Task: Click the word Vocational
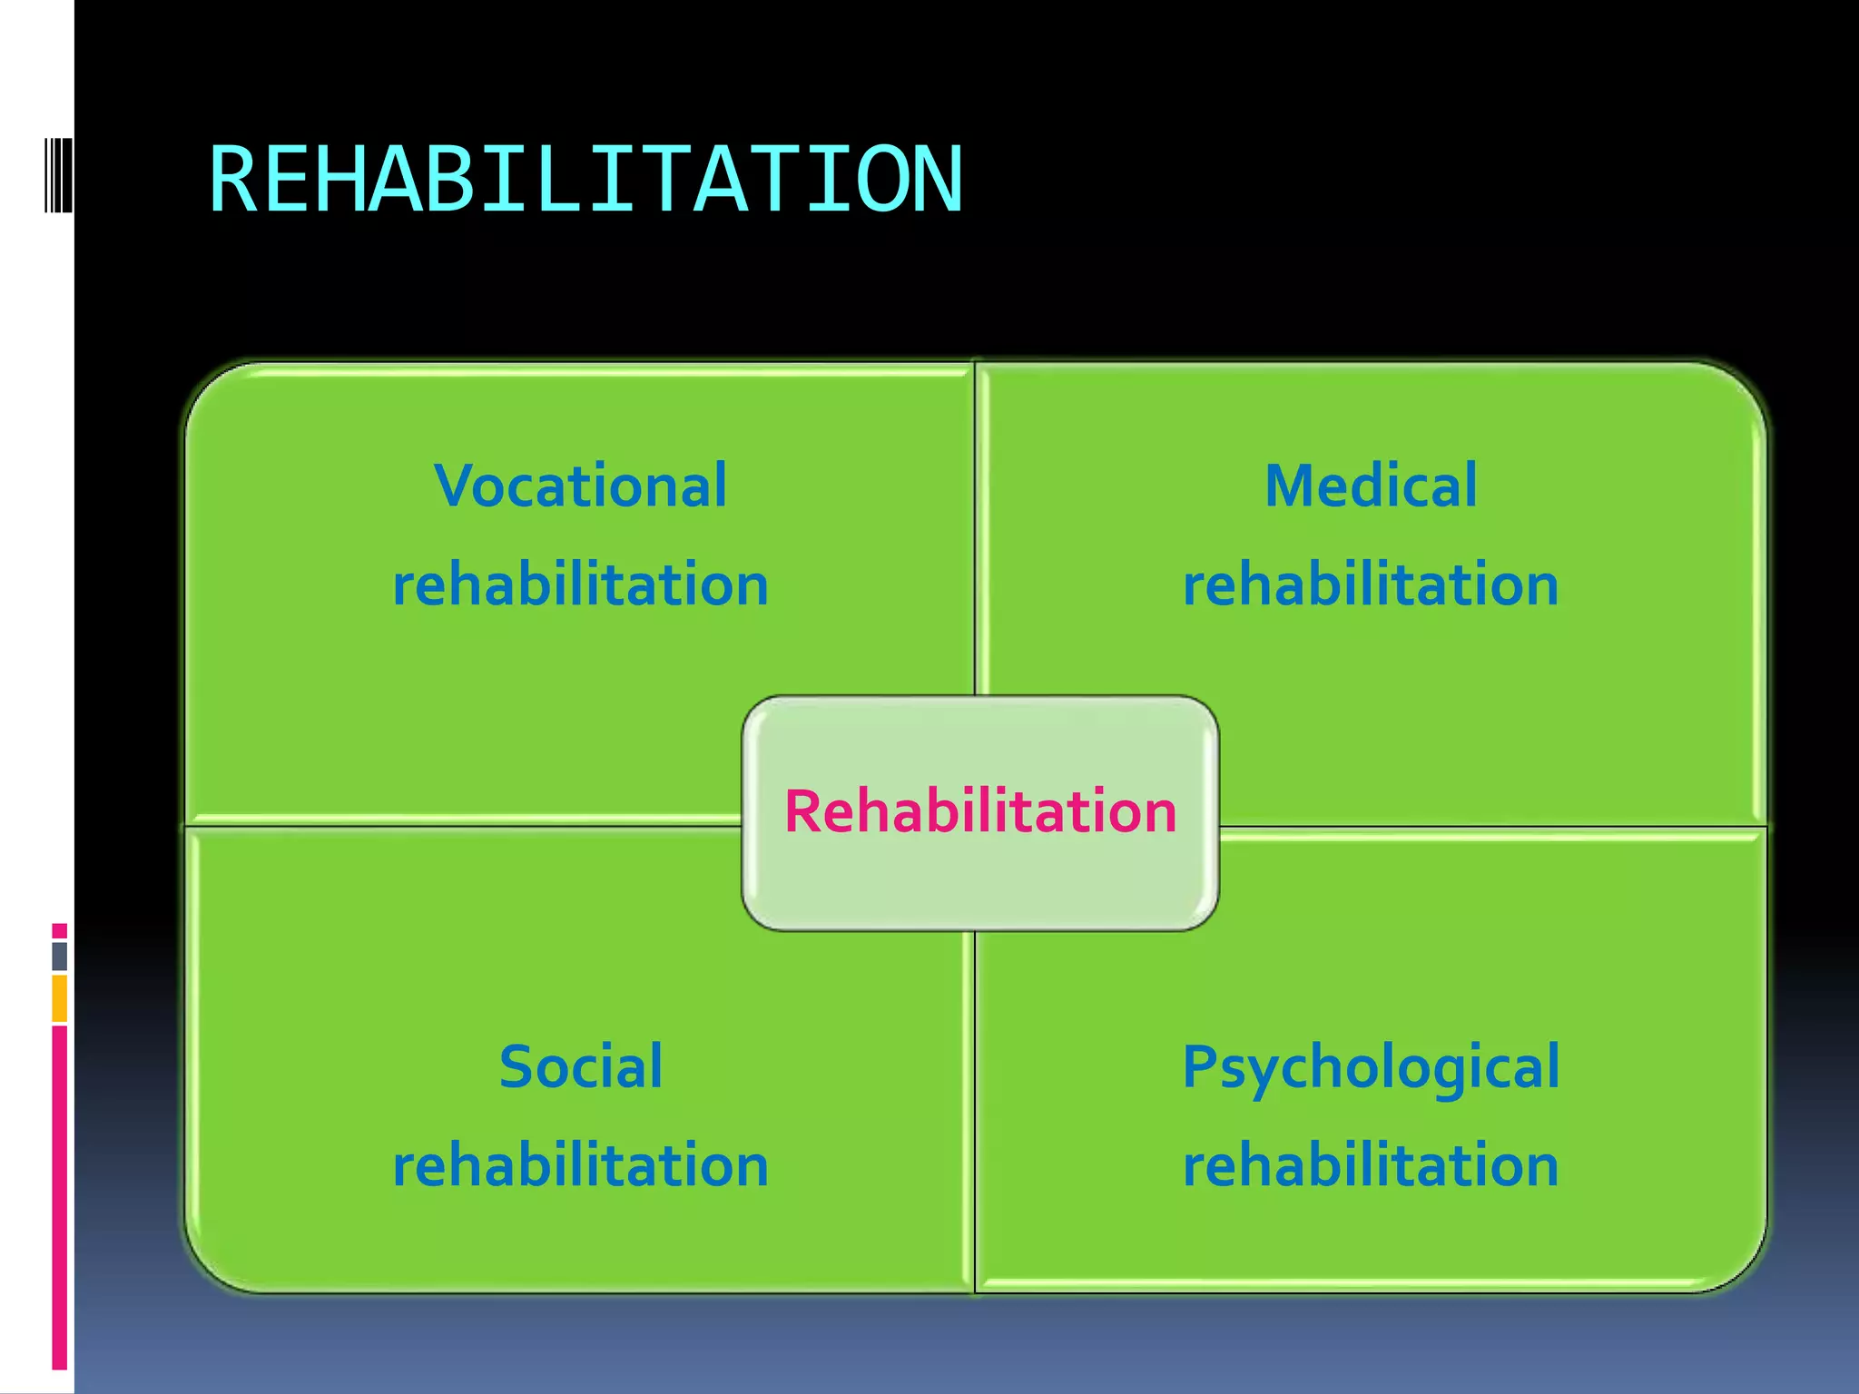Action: tap(581, 486)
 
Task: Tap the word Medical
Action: tap(1371, 486)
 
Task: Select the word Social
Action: tap(581, 1066)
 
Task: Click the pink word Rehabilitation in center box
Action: tap(980, 810)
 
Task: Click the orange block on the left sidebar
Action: tap(59, 998)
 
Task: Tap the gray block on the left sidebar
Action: tap(59, 957)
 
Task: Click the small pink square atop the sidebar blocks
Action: tap(59, 931)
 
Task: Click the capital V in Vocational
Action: tap(455, 486)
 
